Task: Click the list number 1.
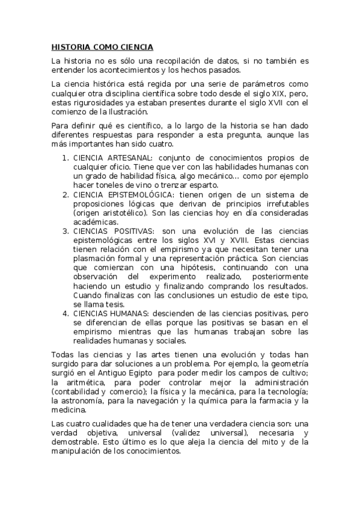(x=65, y=158)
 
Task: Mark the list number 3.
(x=65, y=232)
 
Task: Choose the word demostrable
(x=73, y=442)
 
